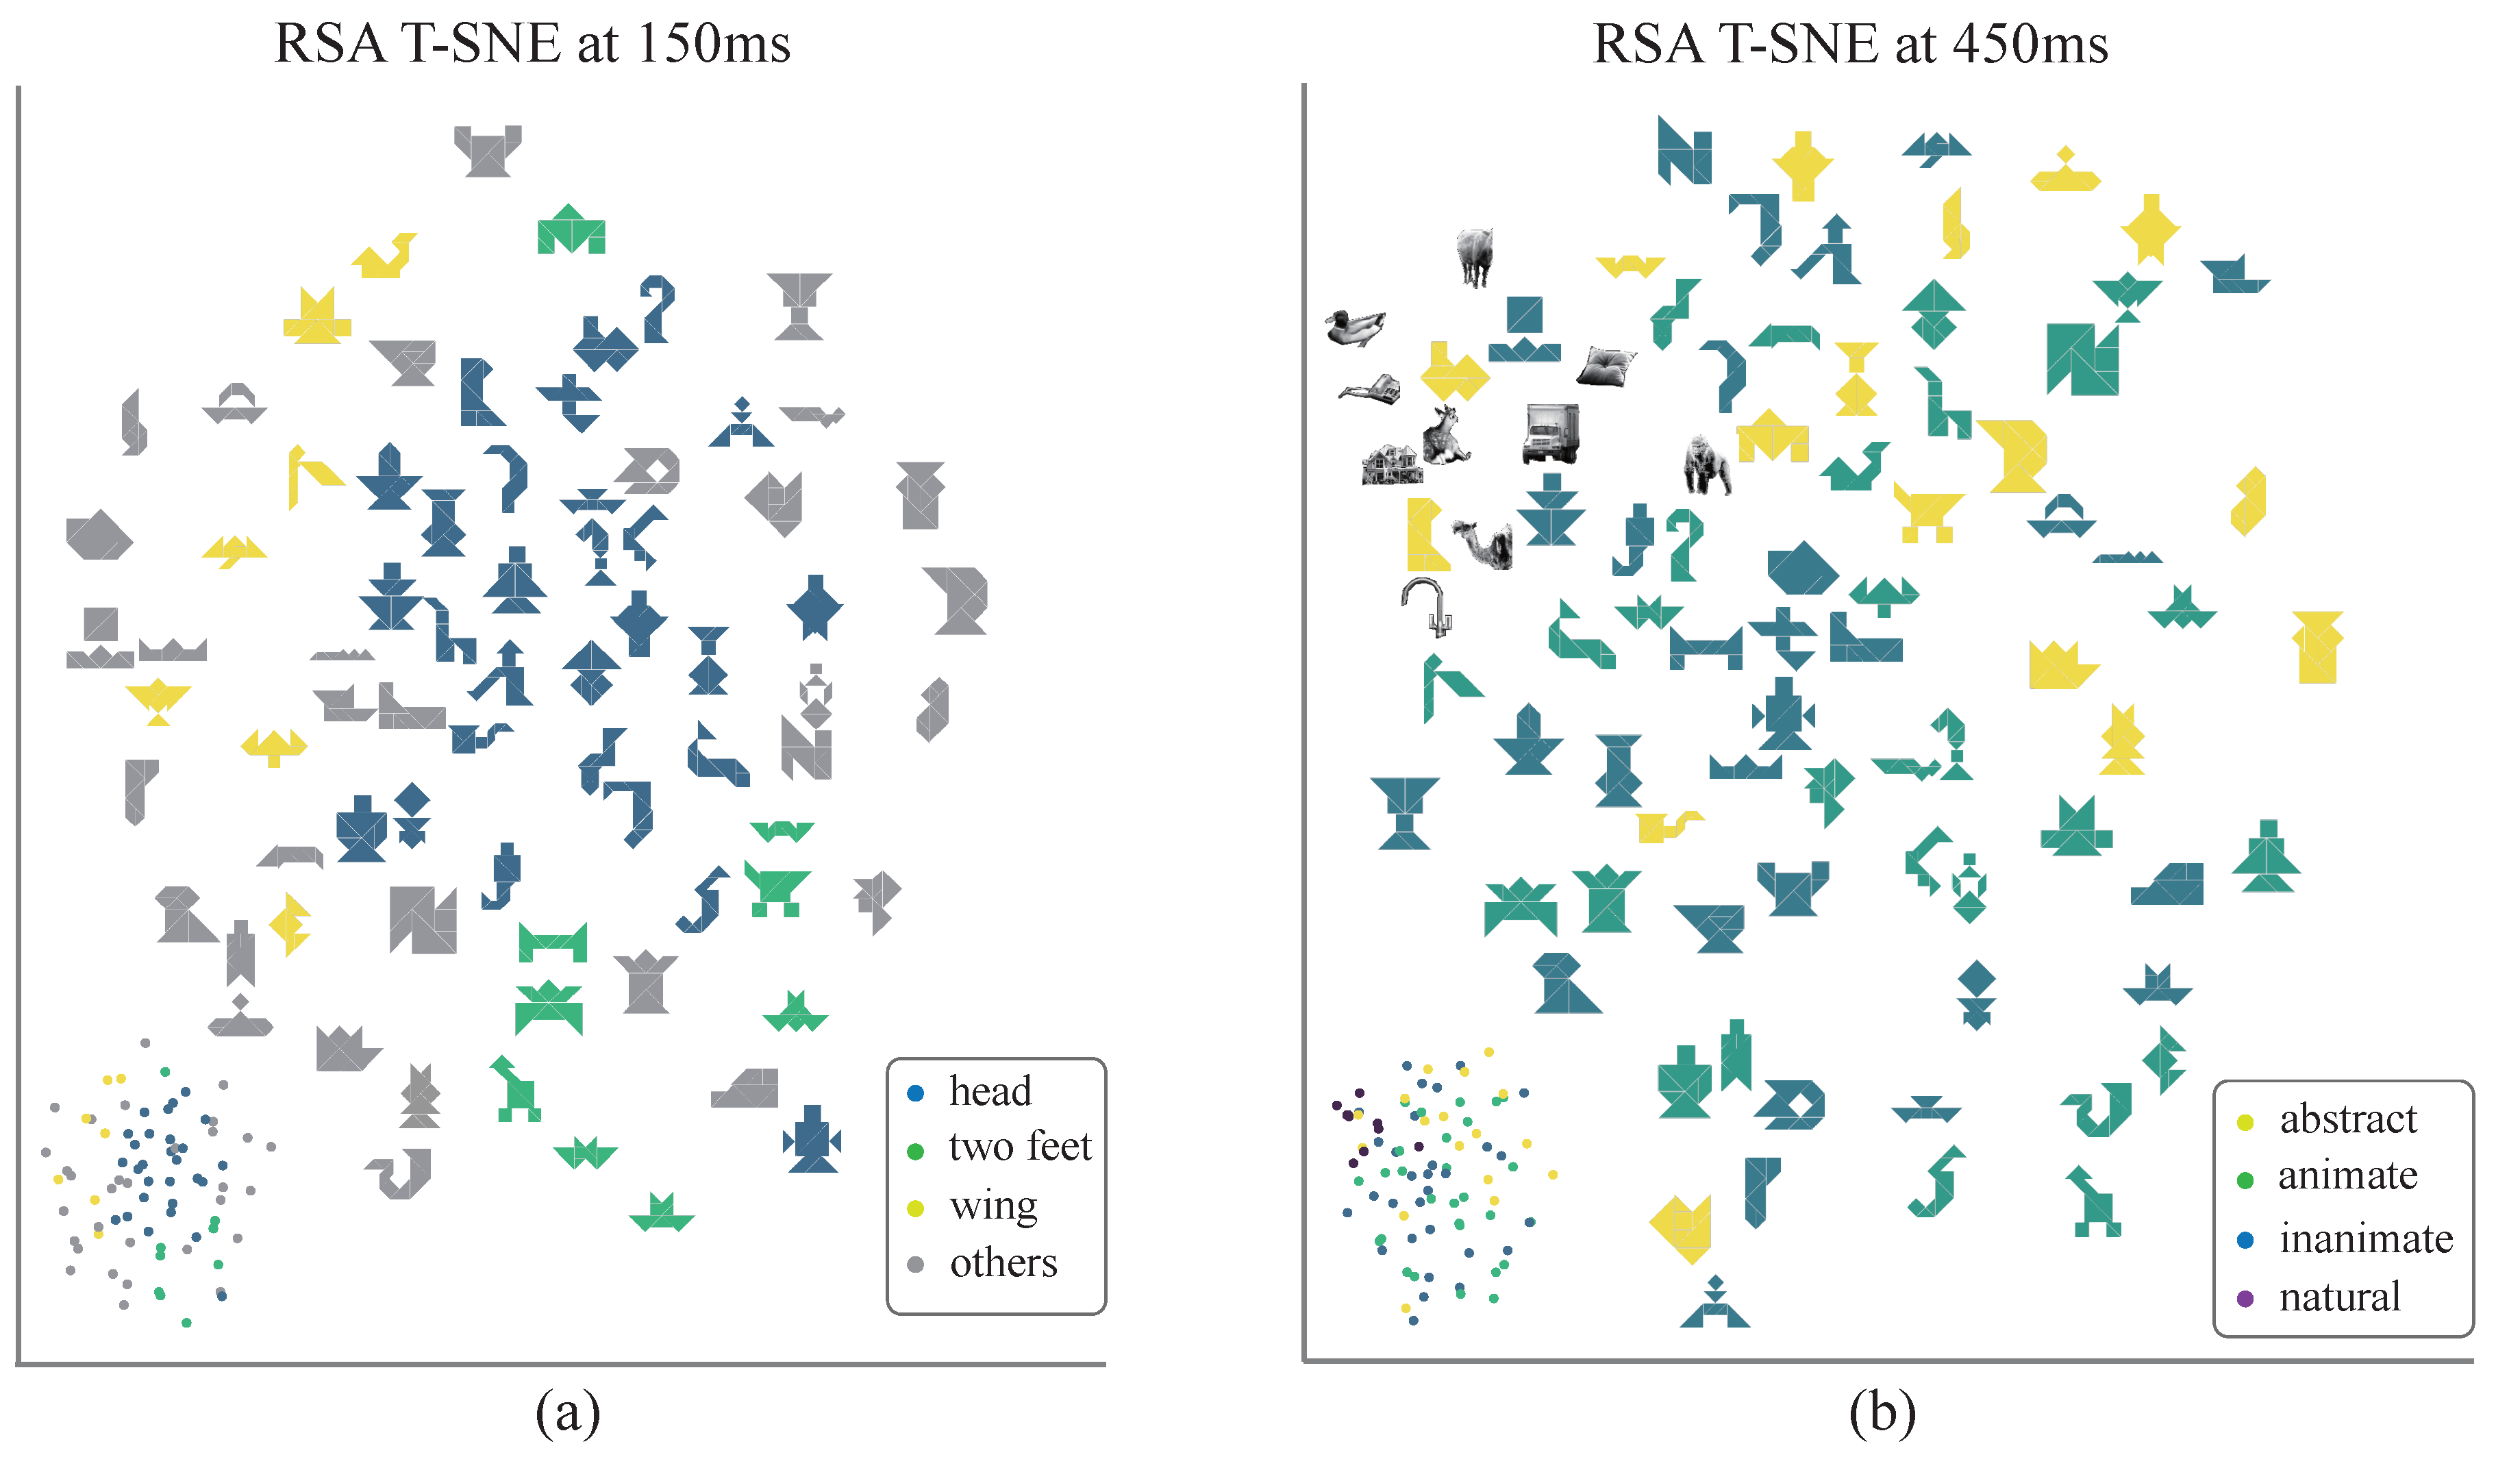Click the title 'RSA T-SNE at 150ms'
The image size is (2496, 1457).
pyautogui.click(x=532, y=45)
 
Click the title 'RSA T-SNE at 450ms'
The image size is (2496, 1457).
pyautogui.click(x=1849, y=45)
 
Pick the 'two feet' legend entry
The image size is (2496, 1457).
pyautogui.click(x=1019, y=1147)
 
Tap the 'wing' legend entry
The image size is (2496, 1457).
pyautogui.click(x=993, y=1206)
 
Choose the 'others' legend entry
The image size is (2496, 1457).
pyautogui.click(x=1002, y=1263)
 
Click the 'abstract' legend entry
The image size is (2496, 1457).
pyautogui.click(x=2347, y=1119)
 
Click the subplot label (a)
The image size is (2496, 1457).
pyautogui.click(x=568, y=1412)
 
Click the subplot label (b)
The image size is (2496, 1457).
pyautogui.click(x=1882, y=1412)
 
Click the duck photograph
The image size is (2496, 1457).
pyautogui.click(x=1354, y=327)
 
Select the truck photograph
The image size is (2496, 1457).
pyautogui.click(x=1550, y=434)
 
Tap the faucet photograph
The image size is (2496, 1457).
pyautogui.click(x=1428, y=605)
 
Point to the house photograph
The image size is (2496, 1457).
pyautogui.click(x=1392, y=464)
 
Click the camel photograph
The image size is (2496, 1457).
pyautogui.click(x=1485, y=543)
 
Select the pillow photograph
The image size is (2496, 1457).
pyautogui.click(x=1606, y=366)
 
